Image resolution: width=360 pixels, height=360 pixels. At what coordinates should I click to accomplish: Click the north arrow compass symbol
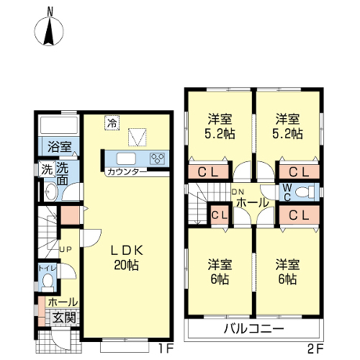tap(49, 31)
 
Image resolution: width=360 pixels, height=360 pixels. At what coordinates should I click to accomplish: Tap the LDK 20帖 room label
tap(127, 258)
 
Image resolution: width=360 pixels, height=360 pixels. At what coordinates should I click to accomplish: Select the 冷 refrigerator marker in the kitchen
tap(112, 123)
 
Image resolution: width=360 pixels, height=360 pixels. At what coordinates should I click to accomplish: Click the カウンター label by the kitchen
tap(127, 172)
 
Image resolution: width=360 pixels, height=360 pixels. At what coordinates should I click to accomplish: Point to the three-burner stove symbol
tap(158, 158)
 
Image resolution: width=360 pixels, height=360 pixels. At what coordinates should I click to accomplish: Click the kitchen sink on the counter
tap(126, 158)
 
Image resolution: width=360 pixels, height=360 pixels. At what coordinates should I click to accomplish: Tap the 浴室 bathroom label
tap(60, 147)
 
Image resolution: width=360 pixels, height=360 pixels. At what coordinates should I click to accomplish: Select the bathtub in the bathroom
tap(59, 125)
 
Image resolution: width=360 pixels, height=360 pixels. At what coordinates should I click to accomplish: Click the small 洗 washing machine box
tap(47, 170)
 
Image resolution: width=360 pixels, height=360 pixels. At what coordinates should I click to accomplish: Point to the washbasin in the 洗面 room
tap(51, 192)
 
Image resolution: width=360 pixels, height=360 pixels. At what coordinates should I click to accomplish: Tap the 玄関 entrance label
tap(64, 318)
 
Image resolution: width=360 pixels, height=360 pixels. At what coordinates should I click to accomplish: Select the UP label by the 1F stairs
tap(66, 250)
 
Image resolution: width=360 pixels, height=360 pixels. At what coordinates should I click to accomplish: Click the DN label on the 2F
tap(238, 192)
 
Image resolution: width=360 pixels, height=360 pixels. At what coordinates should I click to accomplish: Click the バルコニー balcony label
tap(253, 328)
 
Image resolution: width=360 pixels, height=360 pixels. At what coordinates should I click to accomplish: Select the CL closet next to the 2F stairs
tap(220, 215)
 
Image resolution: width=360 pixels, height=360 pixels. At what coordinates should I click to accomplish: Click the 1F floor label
tap(166, 349)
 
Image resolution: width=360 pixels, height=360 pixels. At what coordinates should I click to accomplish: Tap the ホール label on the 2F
tap(253, 203)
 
